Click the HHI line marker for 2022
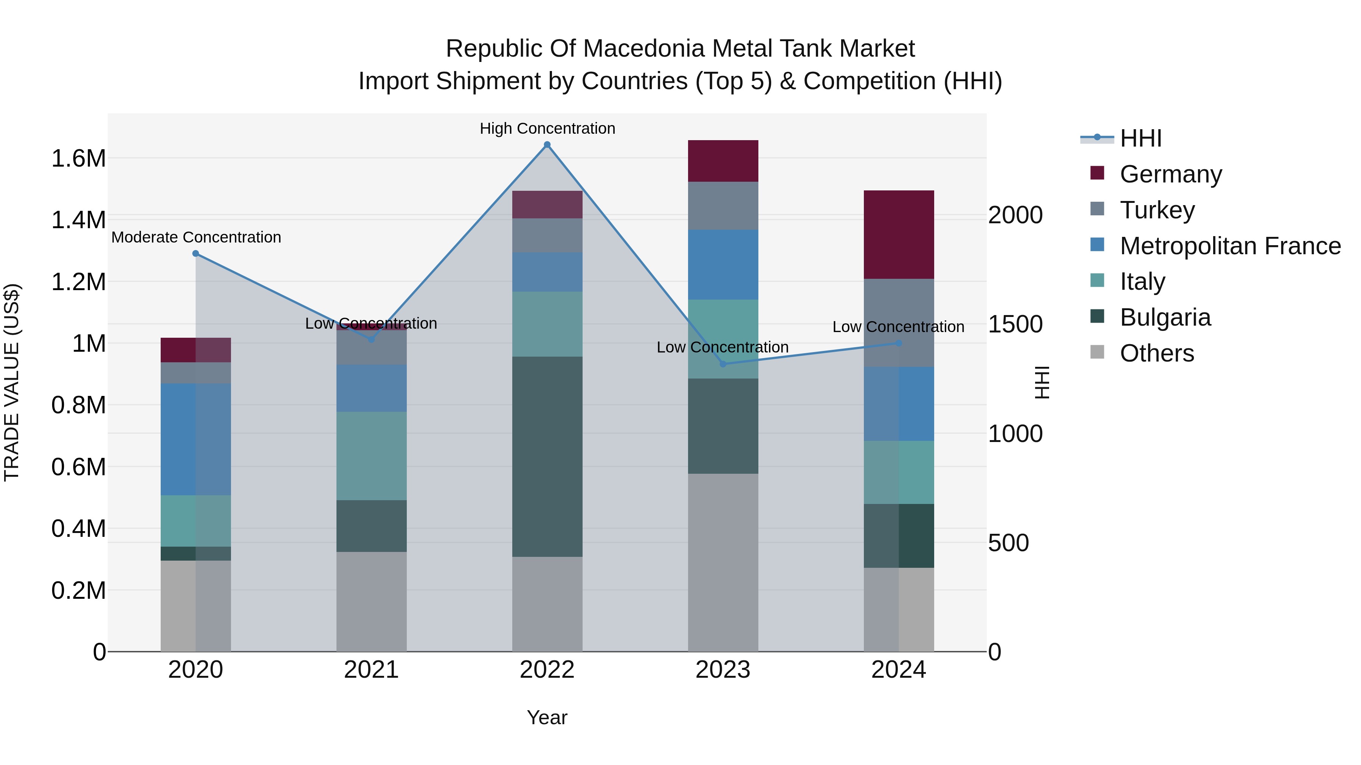pyautogui.click(x=547, y=145)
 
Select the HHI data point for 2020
pyautogui.click(x=195, y=253)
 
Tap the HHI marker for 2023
pyautogui.click(x=723, y=364)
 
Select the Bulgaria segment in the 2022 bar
pyautogui.click(x=547, y=457)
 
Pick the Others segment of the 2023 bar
pyautogui.click(x=723, y=562)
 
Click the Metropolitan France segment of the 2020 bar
pyautogui.click(x=195, y=439)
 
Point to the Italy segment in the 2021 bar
pyautogui.click(x=371, y=456)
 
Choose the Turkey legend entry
pyautogui.click(x=1157, y=210)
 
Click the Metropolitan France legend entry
pyautogui.click(x=1230, y=246)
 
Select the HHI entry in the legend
pyautogui.click(x=1140, y=138)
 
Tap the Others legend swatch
pyautogui.click(x=1097, y=353)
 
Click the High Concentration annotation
pyautogui.click(x=547, y=128)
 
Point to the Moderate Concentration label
pyautogui.click(x=196, y=238)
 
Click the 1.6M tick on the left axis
pyautogui.click(x=79, y=158)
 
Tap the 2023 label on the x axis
pyautogui.click(x=723, y=670)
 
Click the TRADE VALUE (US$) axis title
pyautogui.click(x=12, y=382)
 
